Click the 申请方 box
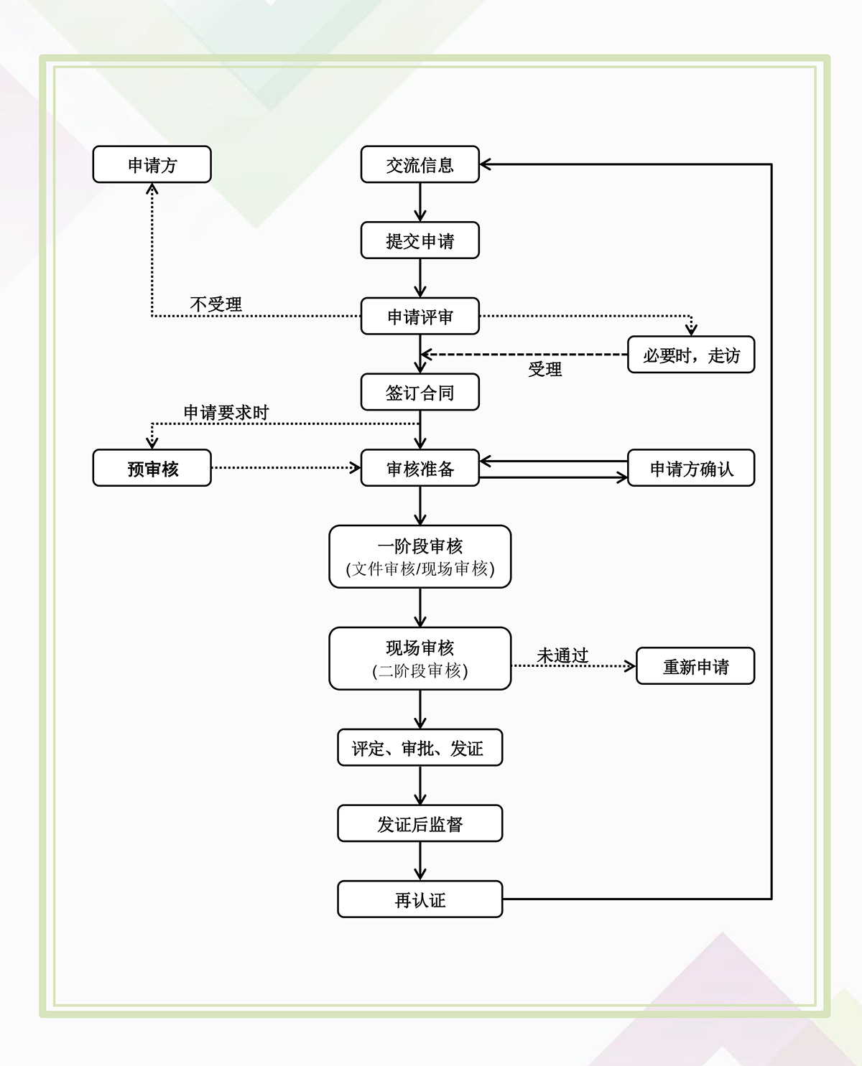(x=152, y=164)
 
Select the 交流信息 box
(x=420, y=164)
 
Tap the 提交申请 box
(x=420, y=240)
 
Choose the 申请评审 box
(x=420, y=316)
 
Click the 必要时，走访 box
(x=691, y=355)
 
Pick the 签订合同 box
(x=420, y=392)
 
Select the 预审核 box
(x=152, y=468)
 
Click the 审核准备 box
(x=420, y=468)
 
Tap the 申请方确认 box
(x=691, y=468)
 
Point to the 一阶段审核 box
(x=420, y=557)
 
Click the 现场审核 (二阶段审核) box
(x=420, y=659)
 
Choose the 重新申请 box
(x=695, y=666)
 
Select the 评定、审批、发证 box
(x=420, y=747)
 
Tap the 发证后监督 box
(x=420, y=823)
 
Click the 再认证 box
(x=420, y=899)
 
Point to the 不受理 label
(x=215, y=304)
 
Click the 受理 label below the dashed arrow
(x=544, y=369)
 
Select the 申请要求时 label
(x=226, y=412)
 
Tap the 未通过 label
(x=562, y=655)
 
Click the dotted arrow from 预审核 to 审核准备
(x=285, y=468)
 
